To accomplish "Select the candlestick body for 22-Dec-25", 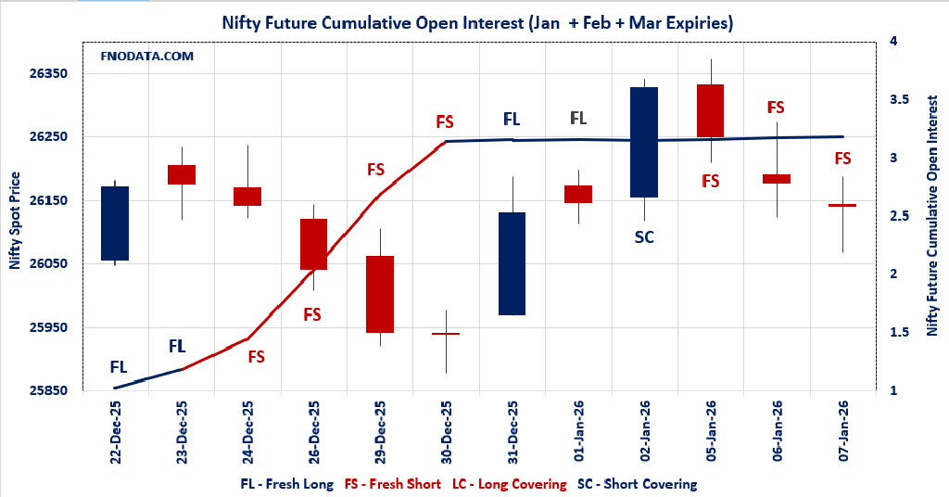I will [115, 223].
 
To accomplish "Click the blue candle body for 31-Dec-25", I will [512, 263].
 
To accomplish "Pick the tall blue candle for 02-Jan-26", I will [644, 142].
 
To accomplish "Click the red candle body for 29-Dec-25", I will [379, 294].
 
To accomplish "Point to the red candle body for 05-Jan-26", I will [710, 110].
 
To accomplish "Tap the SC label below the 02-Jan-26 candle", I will [644, 236].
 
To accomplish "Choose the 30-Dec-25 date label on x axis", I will [447, 430].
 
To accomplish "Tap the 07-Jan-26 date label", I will [843, 430].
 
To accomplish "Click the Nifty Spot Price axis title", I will [15, 220].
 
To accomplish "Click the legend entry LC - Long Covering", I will [509, 484].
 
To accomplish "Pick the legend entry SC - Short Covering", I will [637, 484].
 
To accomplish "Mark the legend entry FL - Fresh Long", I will [286, 484].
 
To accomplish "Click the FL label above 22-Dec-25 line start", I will [119, 366].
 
